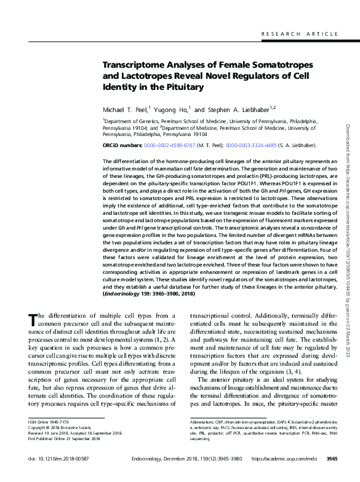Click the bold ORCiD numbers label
coord(122,145)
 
